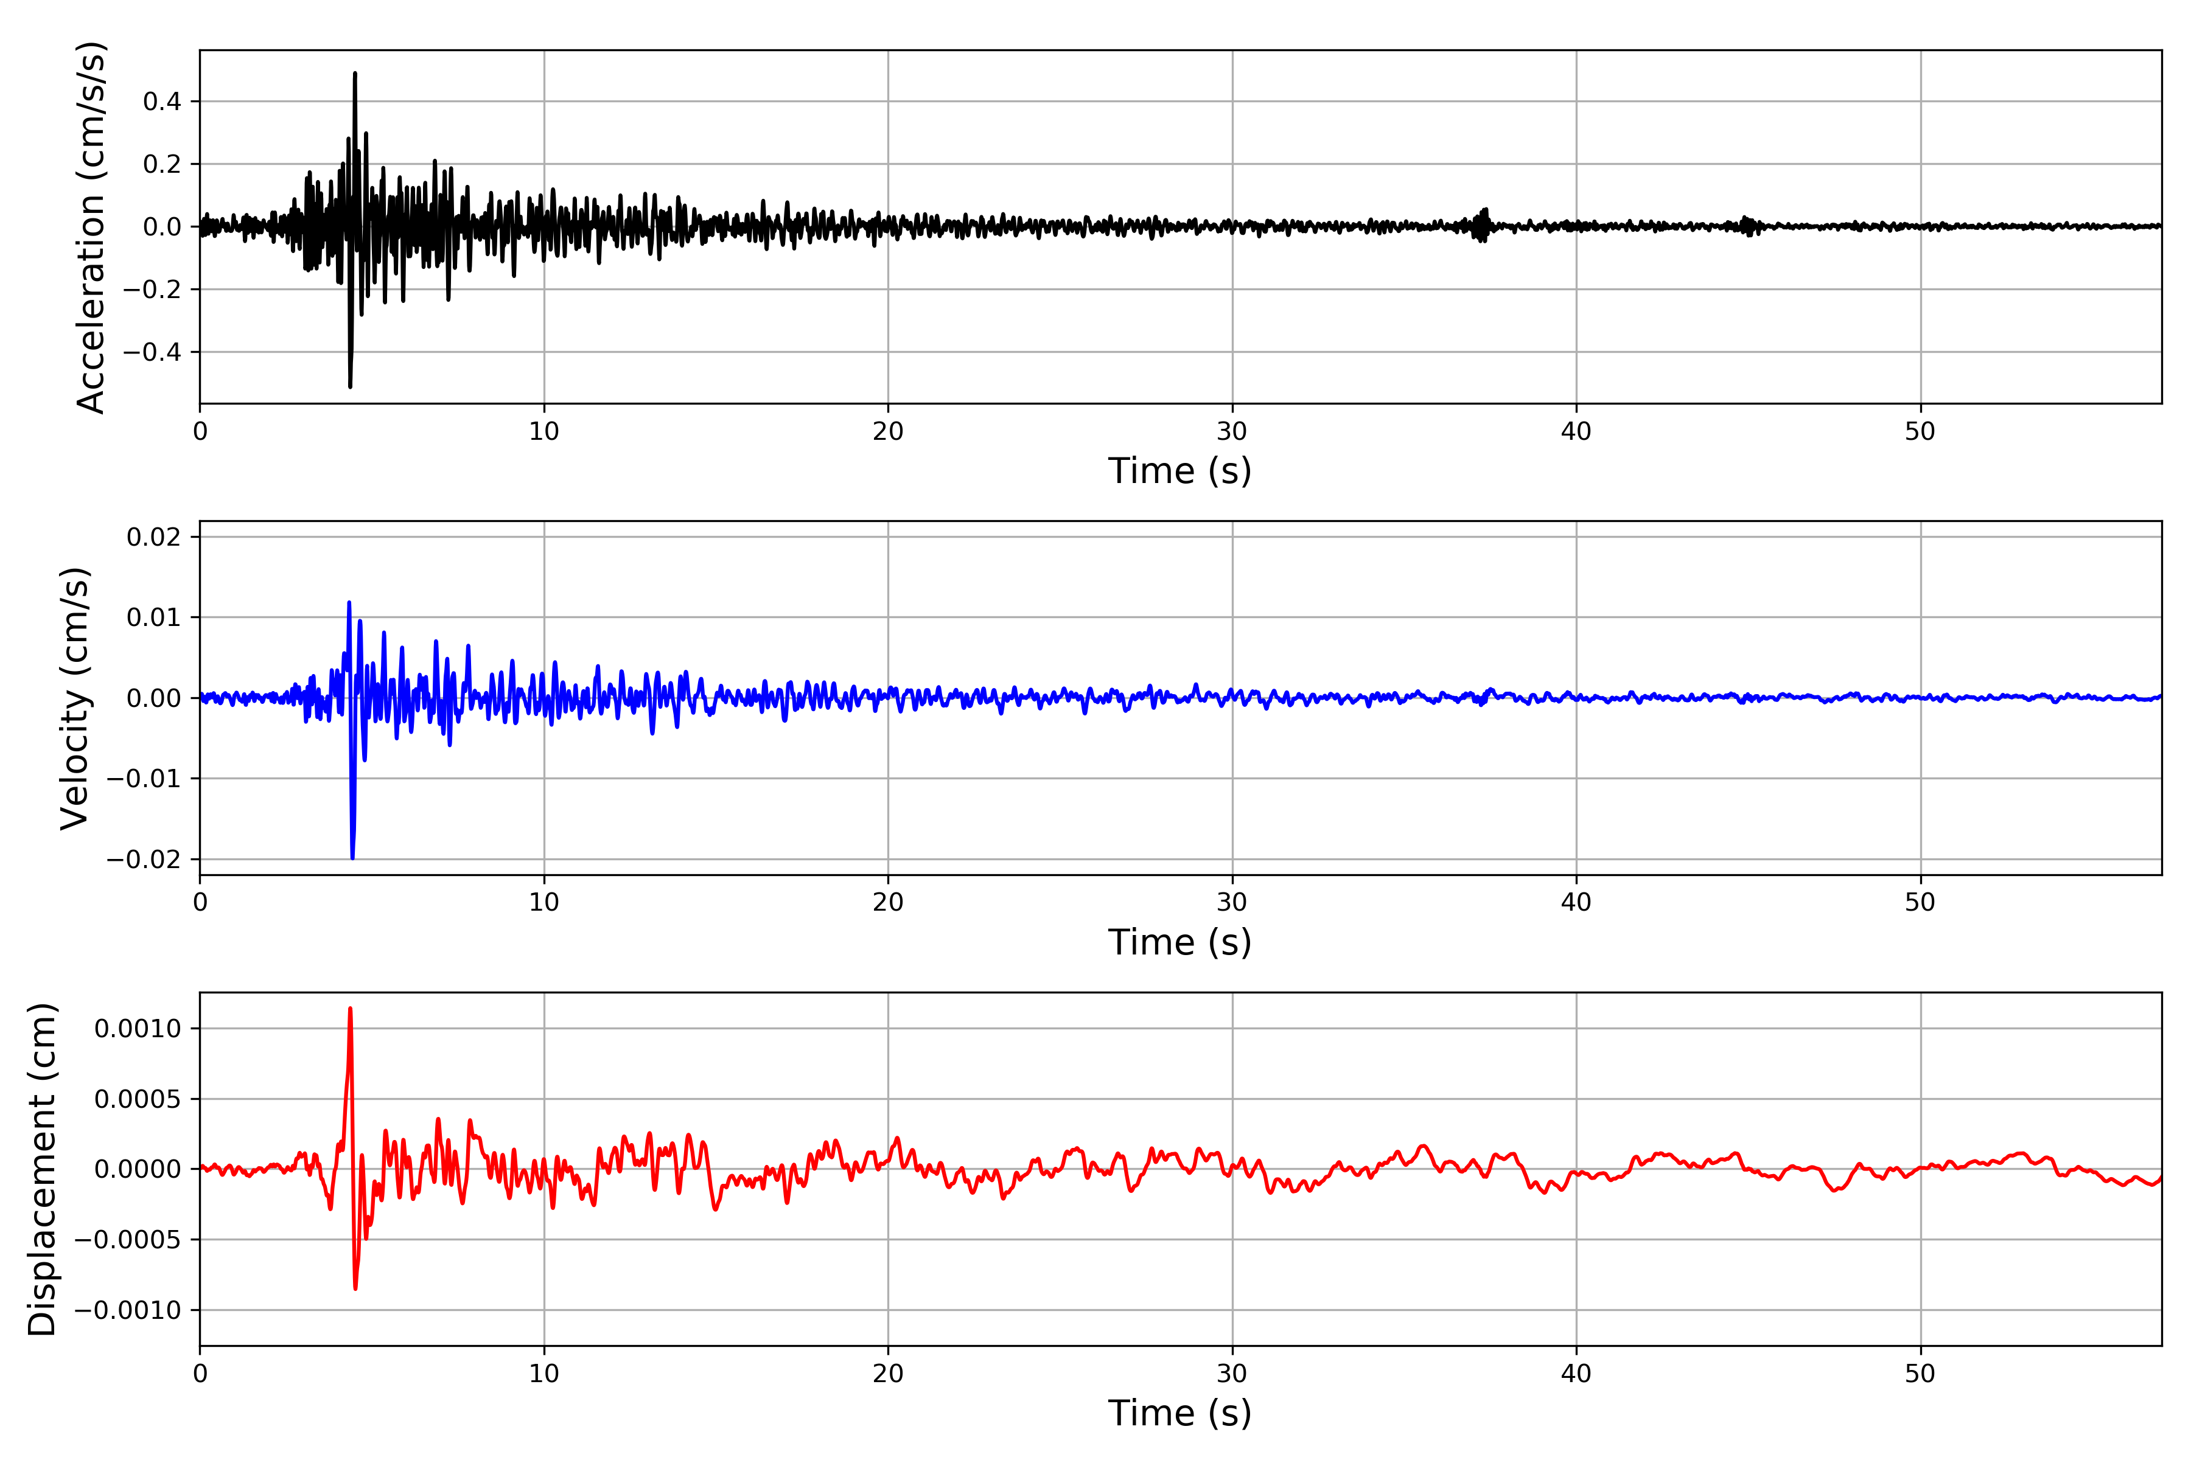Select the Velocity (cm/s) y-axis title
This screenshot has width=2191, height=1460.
point(74,698)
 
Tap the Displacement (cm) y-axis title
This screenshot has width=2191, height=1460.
point(42,1169)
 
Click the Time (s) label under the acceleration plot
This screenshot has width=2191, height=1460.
point(1179,471)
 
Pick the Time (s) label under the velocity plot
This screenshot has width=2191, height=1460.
point(1179,942)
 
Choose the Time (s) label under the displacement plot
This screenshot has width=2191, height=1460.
point(1179,1413)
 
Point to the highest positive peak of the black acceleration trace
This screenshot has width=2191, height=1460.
point(355,74)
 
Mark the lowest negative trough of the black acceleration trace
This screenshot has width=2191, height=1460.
point(351,386)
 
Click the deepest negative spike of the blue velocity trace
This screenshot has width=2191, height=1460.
point(352,857)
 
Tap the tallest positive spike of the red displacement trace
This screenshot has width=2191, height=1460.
point(351,1009)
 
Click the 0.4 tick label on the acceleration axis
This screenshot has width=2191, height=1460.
point(162,102)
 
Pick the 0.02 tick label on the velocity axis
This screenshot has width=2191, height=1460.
point(154,537)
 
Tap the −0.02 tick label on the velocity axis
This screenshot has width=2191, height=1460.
point(144,860)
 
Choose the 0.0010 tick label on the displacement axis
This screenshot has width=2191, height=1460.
point(138,1029)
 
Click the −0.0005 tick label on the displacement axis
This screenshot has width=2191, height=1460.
point(128,1239)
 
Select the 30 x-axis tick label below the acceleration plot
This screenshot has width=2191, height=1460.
point(1231,432)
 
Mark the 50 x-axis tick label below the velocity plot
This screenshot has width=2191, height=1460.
point(1920,902)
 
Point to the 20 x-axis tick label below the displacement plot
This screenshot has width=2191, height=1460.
point(888,1374)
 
